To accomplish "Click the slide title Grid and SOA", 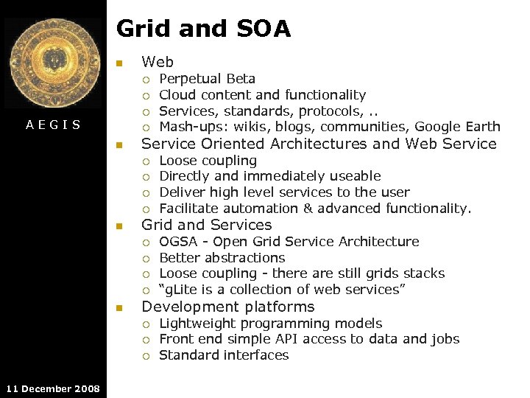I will click(203, 29).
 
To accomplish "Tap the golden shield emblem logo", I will click(53, 64).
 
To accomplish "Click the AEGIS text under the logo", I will click(53, 125).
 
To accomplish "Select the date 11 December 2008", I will click(52, 388).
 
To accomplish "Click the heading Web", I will click(158, 62).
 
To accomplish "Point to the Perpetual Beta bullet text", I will click(207, 79).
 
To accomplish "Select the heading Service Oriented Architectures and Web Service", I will click(319, 144).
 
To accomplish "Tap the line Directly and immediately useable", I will click(269, 176).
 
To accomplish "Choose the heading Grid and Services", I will click(206, 225).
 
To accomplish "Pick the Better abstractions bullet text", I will click(222, 258).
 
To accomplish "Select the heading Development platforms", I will click(227, 307).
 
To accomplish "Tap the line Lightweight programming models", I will click(270, 324).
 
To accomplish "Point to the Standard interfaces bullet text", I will click(224, 355).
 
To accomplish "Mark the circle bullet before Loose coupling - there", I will click(146, 274).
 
